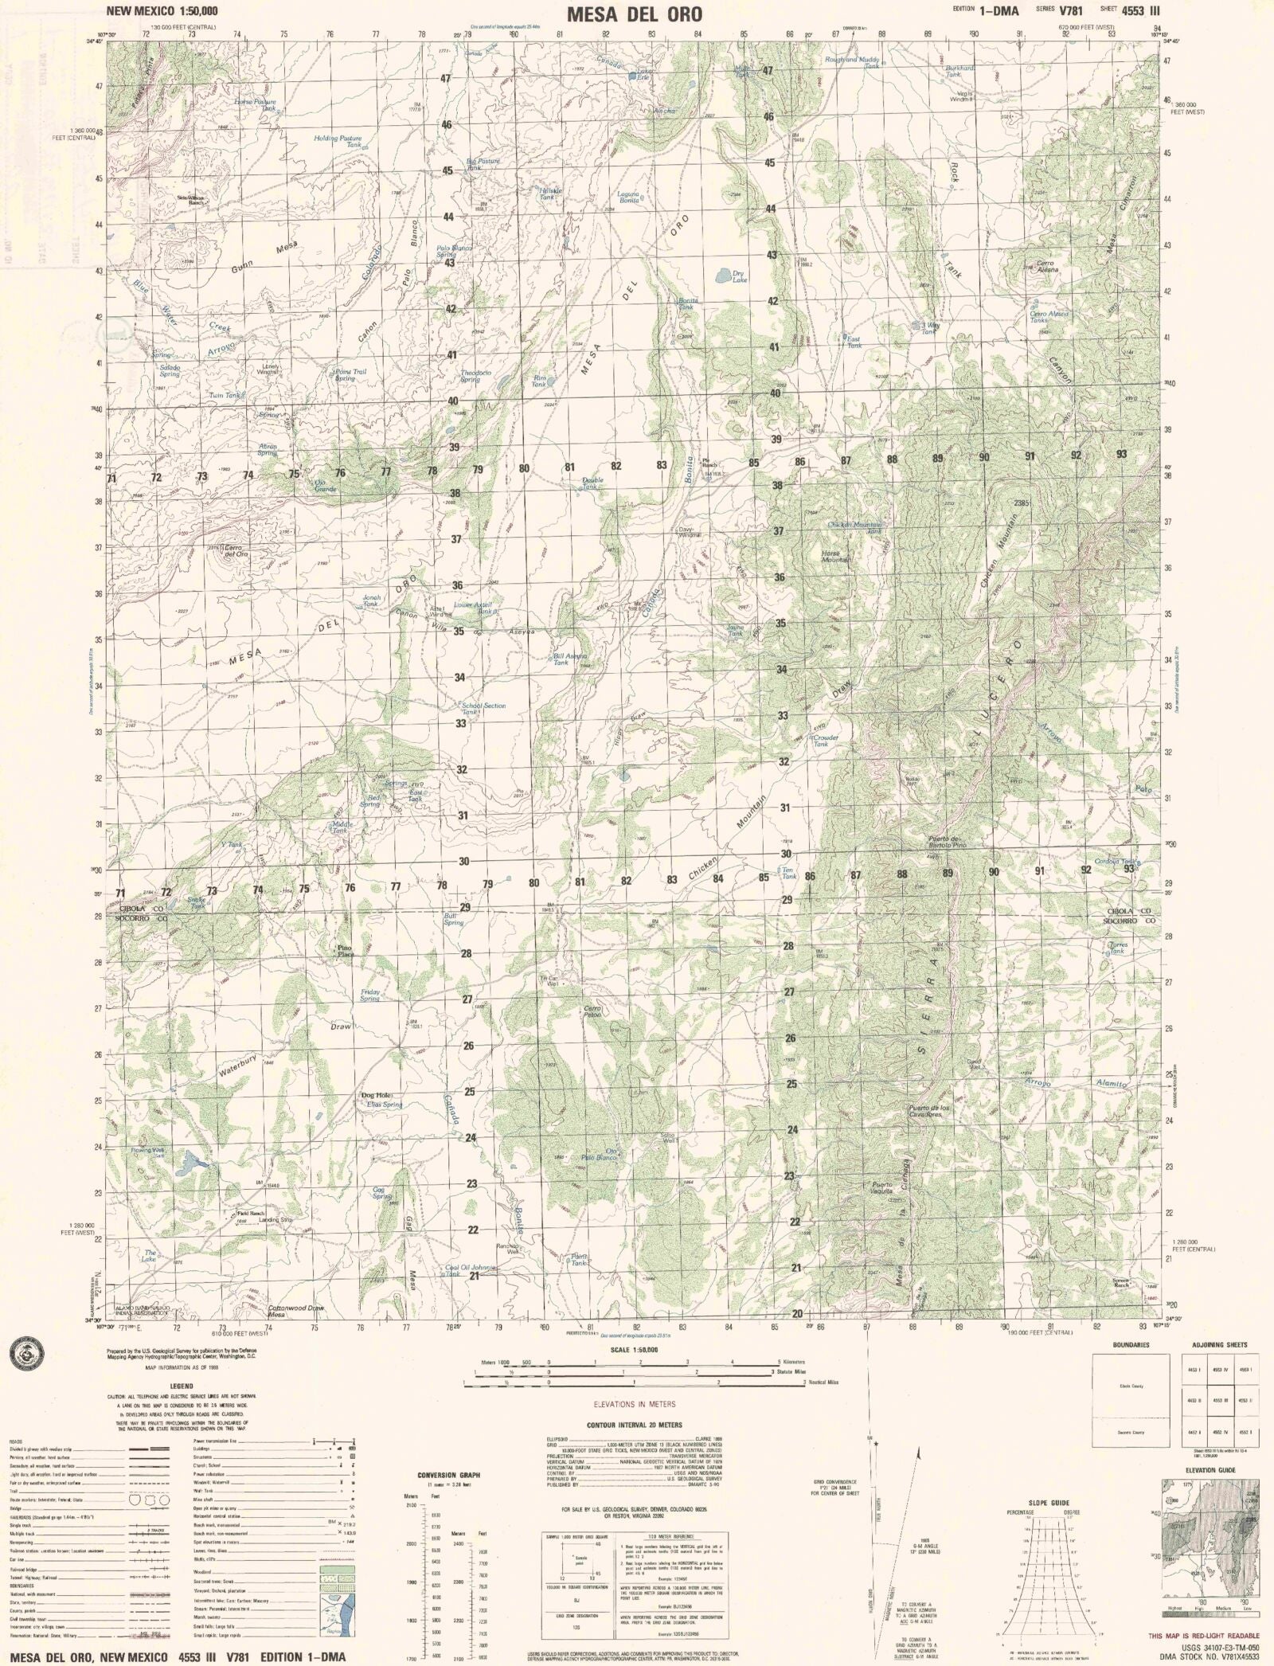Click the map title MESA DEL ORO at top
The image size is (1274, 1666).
pyautogui.click(x=635, y=14)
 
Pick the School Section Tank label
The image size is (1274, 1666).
pyautogui.click(x=483, y=709)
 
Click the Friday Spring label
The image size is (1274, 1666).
pyautogui.click(x=369, y=995)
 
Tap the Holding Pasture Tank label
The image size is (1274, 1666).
pyautogui.click(x=338, y=141)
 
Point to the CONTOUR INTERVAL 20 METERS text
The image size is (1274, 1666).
pyautogui.click(x=634, y=1425)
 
